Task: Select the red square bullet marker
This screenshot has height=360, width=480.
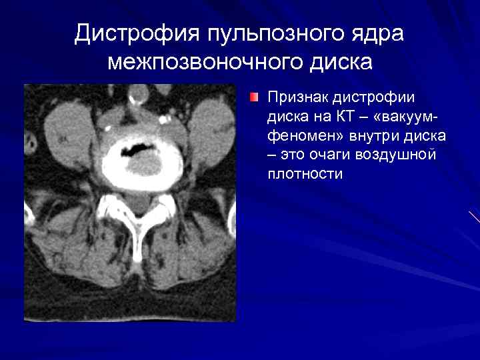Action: (x=254, y=98)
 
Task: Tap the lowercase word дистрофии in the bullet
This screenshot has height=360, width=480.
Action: (x=374, y=98)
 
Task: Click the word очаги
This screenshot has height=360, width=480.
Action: (x=335, y=156)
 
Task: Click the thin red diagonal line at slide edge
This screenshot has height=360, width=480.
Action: (x=474, y=216)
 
